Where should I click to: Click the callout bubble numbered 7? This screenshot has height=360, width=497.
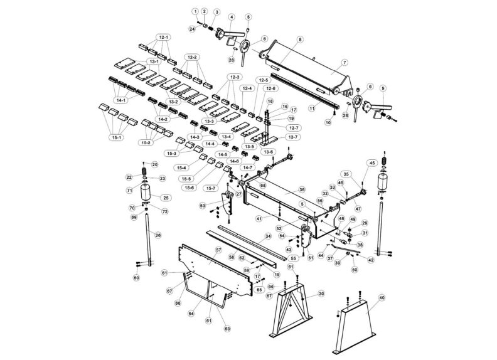coord(345,63)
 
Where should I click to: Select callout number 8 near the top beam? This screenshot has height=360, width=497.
coord(300,40)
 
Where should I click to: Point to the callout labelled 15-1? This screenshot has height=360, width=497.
coord(116,137)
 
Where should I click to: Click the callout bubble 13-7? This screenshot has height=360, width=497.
coord(292,137)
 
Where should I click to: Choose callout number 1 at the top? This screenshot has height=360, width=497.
coord(195,12)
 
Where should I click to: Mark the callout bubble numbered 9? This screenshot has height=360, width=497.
coord(383,88)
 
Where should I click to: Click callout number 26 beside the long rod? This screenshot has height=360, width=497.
coord(158,235)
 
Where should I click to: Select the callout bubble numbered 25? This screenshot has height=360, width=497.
coord(166,198)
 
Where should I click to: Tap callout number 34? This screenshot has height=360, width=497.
coord(268,236)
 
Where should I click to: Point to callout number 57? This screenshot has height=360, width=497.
coord(219,250)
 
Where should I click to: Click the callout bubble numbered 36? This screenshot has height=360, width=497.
coord(302,189)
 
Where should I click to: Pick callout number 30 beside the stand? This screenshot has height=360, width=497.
coord(321,294)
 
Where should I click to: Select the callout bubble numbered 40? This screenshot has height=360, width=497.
coord(382,298)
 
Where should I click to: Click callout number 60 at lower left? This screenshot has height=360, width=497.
coord(136,277)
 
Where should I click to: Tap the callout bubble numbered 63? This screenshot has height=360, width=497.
coord(227,327)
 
